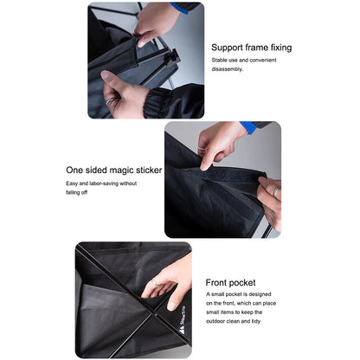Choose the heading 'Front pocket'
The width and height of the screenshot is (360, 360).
tap(231, 282)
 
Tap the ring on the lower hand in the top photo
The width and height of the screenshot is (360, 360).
tap(110, 101)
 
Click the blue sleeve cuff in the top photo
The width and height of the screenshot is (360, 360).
tap(187, 7)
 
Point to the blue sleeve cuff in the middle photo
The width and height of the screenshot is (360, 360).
tap(249, 127)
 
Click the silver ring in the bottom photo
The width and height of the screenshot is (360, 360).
tap(152, 281)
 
